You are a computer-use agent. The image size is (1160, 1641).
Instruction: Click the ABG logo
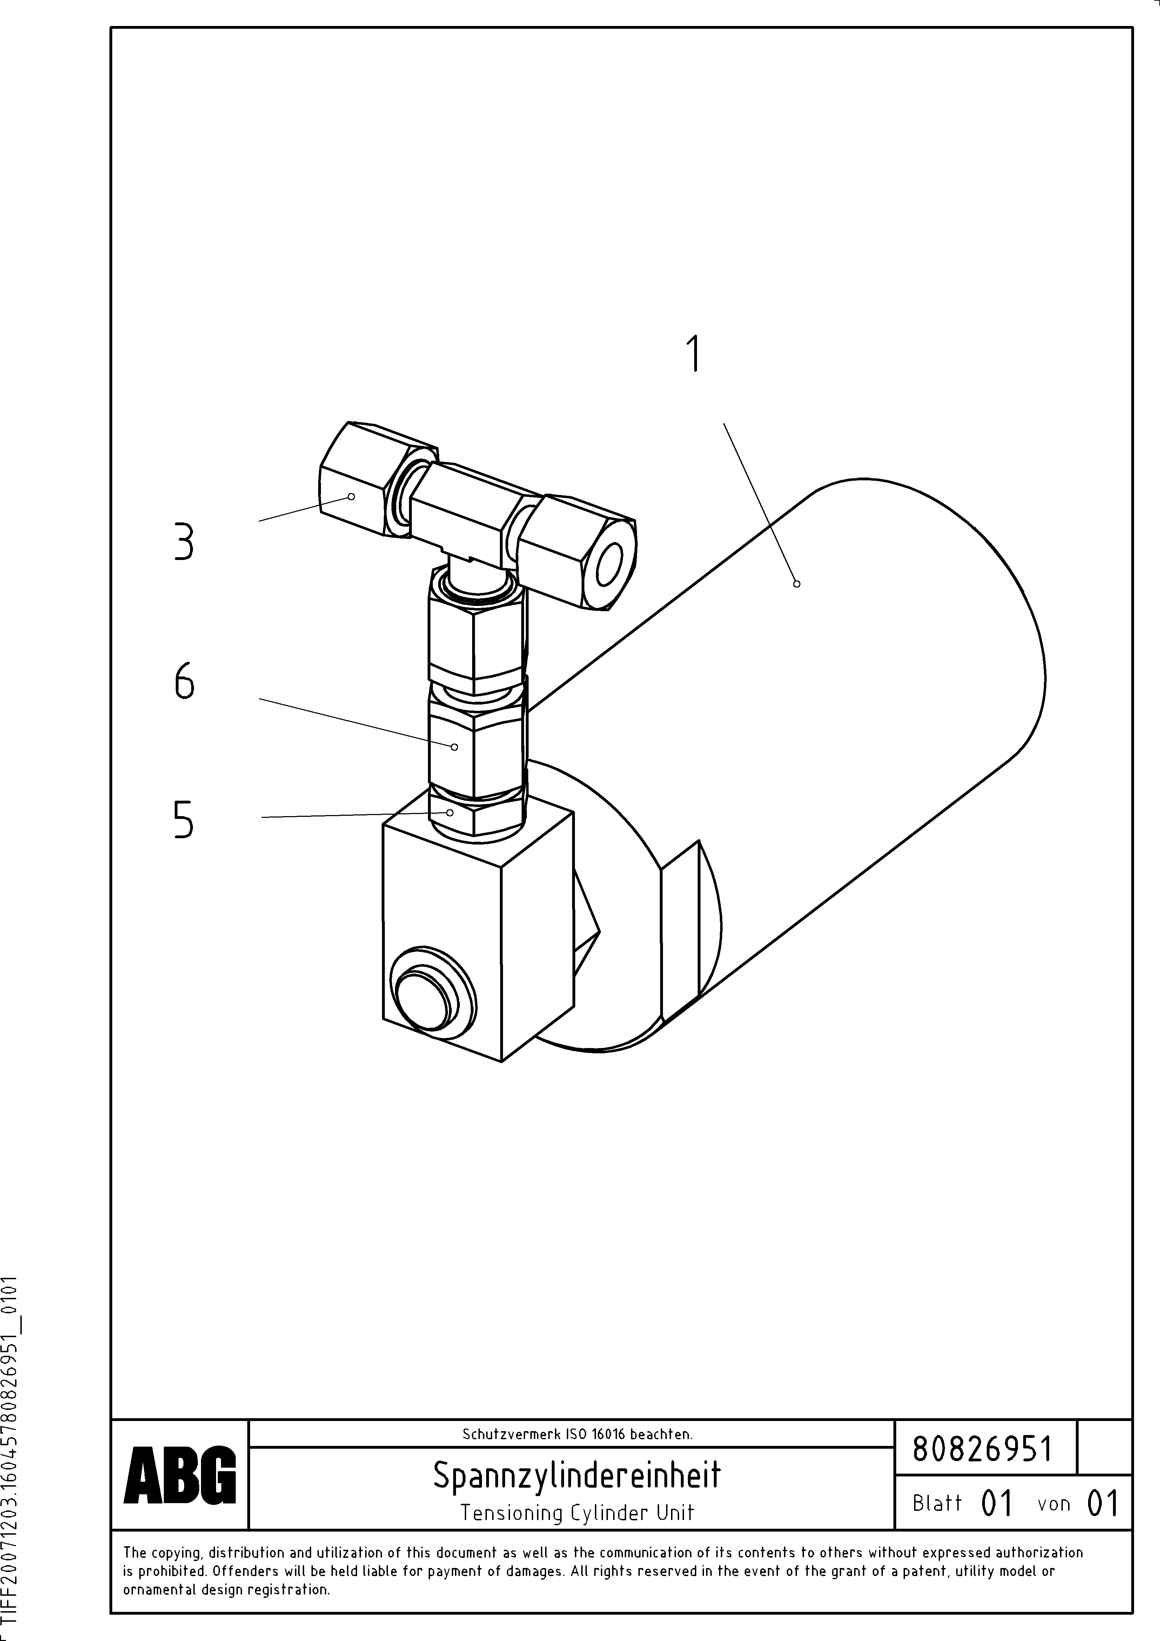coord(180,1474)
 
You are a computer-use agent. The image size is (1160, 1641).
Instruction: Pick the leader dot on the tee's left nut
coord(351,496)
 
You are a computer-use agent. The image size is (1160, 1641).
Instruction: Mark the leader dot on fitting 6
coord(455,747)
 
